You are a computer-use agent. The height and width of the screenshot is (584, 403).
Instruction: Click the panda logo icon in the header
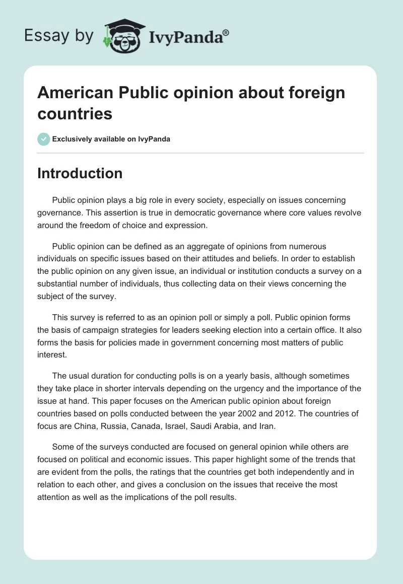pos(123,36)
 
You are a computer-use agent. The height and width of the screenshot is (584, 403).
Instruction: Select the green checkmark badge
pos(43,139)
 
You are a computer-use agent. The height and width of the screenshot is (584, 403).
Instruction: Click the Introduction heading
pos(80,173)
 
